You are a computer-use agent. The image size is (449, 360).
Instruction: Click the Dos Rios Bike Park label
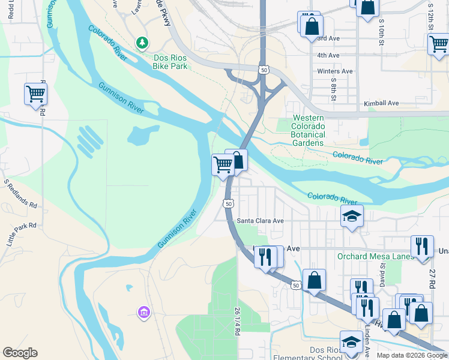pyautogui.click(x=170, y=62)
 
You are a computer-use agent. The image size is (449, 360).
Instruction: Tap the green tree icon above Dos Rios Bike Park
pyautogui.click(x=142, y=43)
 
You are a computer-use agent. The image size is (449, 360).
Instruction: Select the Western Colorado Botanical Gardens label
pyautogui.click(x=308, y=130)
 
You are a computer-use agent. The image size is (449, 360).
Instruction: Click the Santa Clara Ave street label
pyautogui.click(x=260, y=221)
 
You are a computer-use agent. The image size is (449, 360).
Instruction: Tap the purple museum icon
pyautogui.click(x=143, y=312)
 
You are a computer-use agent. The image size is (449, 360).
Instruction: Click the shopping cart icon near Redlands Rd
pyautogui.click(x=35, y=94)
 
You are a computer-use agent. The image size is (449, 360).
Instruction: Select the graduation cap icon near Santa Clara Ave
pyautogui.click(x=352, y=216)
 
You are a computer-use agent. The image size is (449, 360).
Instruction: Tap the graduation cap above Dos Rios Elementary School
pyautogui.click(x=351, y=341)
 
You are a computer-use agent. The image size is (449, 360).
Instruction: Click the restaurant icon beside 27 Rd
pyautogui.click(x=422, y=245)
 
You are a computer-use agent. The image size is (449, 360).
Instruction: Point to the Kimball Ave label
pyautogui.click(x=381, y=104)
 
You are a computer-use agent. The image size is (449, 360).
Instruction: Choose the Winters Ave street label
pyautogui.click(x=334, y=71)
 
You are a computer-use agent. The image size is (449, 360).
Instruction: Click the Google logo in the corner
pyautogui.click(x=20, y=353)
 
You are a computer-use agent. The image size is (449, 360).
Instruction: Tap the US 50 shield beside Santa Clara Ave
pyautogui.click(x=228, y=204)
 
